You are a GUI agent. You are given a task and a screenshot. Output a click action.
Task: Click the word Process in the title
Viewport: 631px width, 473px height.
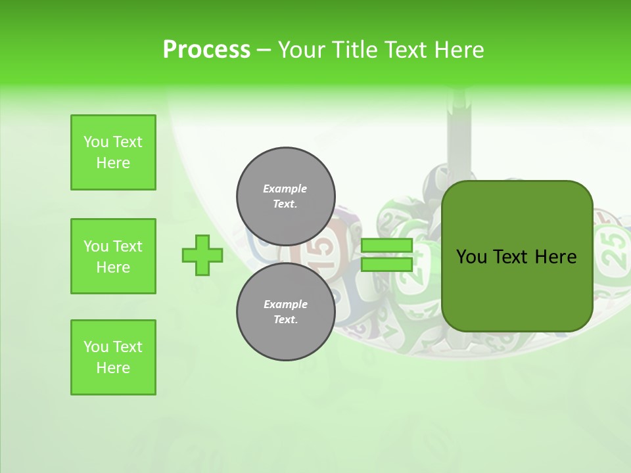tap(206, 50)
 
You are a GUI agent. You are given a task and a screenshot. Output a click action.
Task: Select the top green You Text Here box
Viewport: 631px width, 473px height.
tap(113, 152)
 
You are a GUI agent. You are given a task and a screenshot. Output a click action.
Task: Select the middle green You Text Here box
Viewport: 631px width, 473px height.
tap(113, 256)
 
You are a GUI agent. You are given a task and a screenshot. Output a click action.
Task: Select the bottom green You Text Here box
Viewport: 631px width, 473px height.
tap(113, 357)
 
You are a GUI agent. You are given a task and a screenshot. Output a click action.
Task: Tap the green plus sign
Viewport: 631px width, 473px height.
tap(202, 255)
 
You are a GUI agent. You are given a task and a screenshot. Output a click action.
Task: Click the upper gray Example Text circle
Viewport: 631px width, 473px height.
tap(285, 196)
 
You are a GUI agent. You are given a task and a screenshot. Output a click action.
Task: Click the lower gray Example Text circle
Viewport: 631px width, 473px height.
tap(285, 312)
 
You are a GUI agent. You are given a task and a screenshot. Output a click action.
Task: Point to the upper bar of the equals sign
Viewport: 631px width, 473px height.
tap(386, 246)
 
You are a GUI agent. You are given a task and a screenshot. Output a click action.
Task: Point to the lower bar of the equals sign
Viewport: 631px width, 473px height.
tap(386, 265)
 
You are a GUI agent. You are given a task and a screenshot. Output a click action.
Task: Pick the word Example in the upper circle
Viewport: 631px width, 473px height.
tap(285, 189)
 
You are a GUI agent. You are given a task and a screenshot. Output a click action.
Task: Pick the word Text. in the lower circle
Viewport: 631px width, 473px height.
tap(285, 320)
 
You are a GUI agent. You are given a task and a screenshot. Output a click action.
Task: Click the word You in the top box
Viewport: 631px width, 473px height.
tap(96, 142)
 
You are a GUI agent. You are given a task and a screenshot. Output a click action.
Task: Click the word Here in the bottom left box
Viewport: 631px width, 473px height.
tap(113, 368)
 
